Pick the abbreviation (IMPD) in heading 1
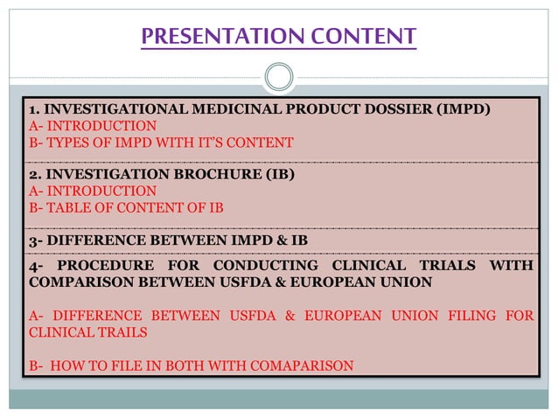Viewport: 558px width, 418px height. [x=457, y=109]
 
